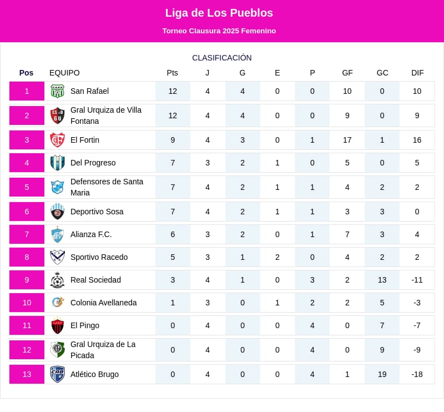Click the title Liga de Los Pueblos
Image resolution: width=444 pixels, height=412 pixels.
point(219,13)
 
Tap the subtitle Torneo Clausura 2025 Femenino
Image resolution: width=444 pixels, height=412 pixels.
point(219,31)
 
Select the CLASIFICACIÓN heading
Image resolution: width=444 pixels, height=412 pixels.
point(221,58)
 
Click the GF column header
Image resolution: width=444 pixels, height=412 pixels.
point(347,73)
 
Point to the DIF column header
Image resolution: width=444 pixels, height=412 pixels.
point(417,73)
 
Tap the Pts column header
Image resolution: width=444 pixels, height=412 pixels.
point(172,73)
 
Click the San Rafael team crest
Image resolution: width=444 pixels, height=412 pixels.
point(57,91)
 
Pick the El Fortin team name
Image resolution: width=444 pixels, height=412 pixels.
point(85,140)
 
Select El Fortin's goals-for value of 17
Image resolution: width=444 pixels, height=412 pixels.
point(347,140)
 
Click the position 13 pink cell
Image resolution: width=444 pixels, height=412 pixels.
point(27,374)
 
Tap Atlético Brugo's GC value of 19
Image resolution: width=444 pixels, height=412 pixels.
point(382,374)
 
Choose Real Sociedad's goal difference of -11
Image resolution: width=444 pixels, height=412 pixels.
point(417,280)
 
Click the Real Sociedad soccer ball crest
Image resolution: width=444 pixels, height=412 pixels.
point(57,280)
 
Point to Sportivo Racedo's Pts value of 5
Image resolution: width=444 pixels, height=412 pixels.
point(172,257)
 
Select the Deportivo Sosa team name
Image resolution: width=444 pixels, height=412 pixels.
point(97,212)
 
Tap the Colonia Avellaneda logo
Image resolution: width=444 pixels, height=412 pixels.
point(57,303)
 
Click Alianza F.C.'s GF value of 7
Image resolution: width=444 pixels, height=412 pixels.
point(347,234)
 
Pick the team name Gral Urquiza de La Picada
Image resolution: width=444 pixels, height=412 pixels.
point(103,350)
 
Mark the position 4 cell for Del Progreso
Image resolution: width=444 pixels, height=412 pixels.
point(27,163)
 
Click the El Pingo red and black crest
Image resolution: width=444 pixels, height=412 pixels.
point(57,325)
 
